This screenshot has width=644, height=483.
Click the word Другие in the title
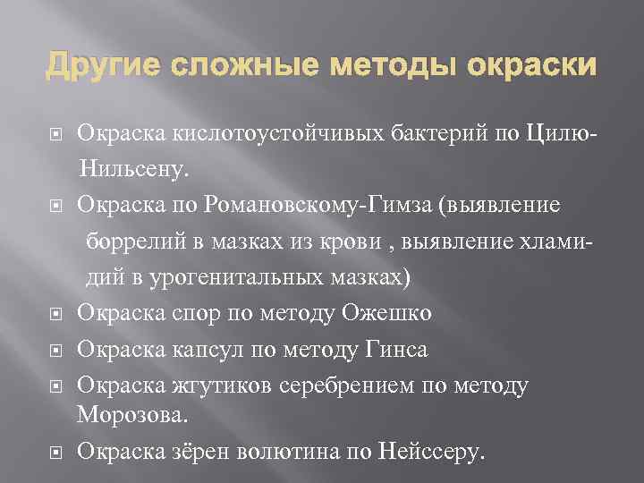[94, 66]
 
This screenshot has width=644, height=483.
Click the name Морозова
[131, 416]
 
